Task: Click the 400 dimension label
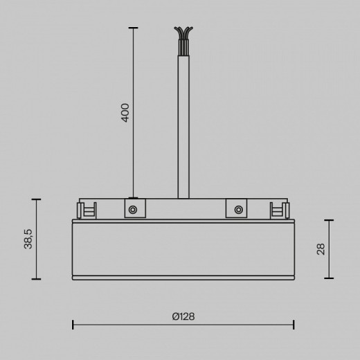125,113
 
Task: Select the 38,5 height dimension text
28,239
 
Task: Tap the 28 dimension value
321,249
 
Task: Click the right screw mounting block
237,209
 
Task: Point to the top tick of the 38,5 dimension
36,199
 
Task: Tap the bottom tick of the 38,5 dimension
36,279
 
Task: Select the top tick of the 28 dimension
328,220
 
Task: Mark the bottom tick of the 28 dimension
328,278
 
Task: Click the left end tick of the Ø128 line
73,324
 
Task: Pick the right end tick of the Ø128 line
294,324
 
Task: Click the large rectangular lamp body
183,248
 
